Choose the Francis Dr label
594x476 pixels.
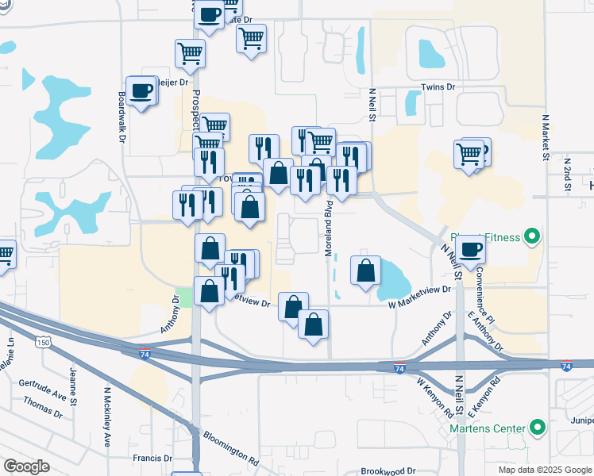[152, 459]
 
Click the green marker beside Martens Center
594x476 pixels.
[538, 429]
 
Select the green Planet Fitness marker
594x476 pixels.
[533, 236]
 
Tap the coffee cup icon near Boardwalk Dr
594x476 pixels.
[142, 92]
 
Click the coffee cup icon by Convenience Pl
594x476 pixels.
[470, 249]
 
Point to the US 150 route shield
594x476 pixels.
[44, 342]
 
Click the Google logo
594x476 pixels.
[26, 466]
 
